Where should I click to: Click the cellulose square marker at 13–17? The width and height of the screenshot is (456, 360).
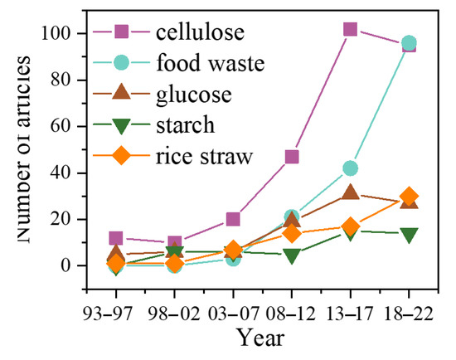350,29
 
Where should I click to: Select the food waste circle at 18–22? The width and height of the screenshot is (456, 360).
409,43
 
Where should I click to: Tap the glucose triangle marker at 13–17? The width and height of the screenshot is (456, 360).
350,192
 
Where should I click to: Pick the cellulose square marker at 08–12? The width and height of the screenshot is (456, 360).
292,157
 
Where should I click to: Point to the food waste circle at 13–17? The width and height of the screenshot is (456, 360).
350,168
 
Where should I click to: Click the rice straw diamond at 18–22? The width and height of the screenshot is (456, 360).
409,197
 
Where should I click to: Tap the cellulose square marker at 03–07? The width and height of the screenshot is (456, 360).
233,220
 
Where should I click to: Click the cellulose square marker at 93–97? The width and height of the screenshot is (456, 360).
116,238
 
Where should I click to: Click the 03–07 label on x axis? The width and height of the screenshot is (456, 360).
233,296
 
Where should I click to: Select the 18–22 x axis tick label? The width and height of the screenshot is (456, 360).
409,296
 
